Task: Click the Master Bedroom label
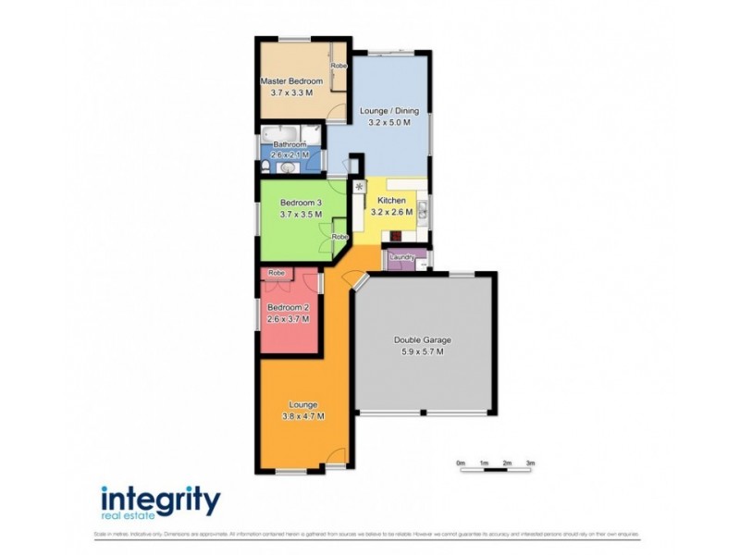pyautogui.click(x=291, y=81)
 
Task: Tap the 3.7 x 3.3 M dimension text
pyautogui.click(x=291, y=93)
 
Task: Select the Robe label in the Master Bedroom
pyautogui.click(x=339, y=66)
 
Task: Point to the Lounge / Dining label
pyautogui.click(x=388, y=111)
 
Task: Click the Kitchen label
pyautogui.click(x=391, y=200)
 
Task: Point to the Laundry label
pyautogui.click(x=402, y=257)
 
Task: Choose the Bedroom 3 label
pyautogui.click(x=301, y=203)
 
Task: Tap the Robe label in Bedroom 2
pyautogui.click(x=276, y=273)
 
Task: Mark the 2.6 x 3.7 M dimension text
pyautogui.click(x=288, y=319)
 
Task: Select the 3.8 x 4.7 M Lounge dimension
pyautogui.click(x=303, y=416)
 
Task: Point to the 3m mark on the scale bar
pyautogui.click(x=531, y=462)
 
